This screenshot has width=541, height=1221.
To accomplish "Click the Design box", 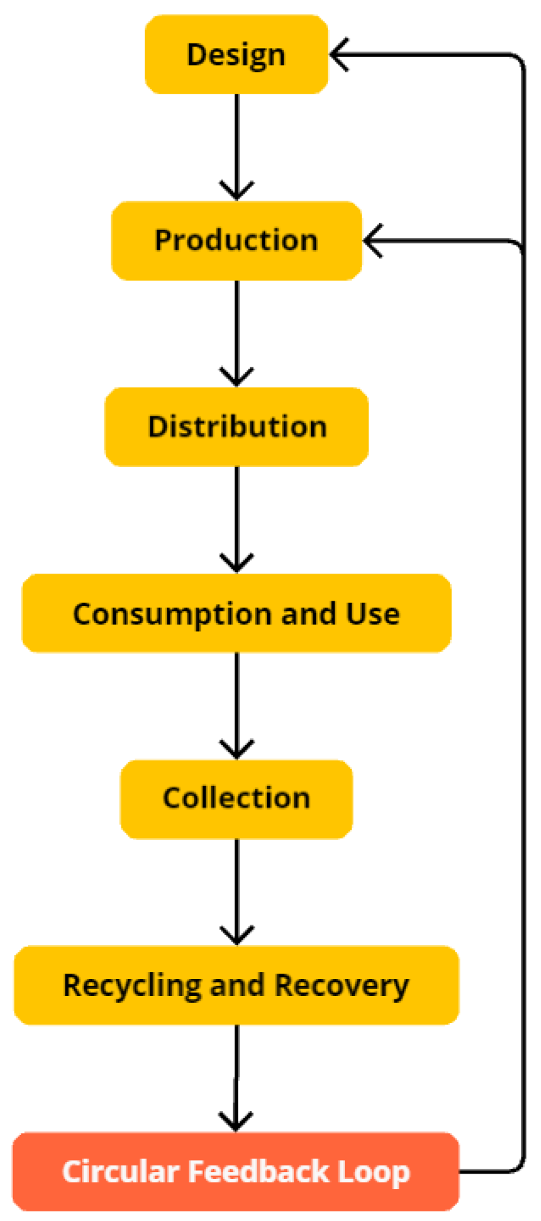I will tap(236, 54).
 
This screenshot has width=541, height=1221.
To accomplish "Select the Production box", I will tap(236, 241).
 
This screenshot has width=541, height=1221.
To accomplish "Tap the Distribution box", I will tap(236, 427).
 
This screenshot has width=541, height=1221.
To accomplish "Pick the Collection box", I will tap(236, 799).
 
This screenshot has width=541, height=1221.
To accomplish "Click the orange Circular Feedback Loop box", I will tap(236, 1172).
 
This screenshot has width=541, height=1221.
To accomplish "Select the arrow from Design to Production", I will tap(237, 146).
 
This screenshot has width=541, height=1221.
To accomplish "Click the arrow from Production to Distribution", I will tap(237, 332).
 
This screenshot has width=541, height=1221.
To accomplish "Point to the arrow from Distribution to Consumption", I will tap(237, 519).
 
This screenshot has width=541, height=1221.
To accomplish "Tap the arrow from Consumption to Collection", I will tap(237, 705).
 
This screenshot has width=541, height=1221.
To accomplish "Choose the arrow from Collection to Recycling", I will tap(237, 892).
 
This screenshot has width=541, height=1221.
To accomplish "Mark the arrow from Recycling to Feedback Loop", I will tap(237, 1078).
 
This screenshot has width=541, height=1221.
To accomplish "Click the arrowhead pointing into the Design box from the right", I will tap(339, 54).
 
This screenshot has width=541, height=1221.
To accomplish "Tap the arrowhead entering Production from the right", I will tap(373, 241).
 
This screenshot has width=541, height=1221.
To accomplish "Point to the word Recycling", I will tap(133, 986).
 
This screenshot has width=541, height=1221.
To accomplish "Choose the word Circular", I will tap(121, 1172).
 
